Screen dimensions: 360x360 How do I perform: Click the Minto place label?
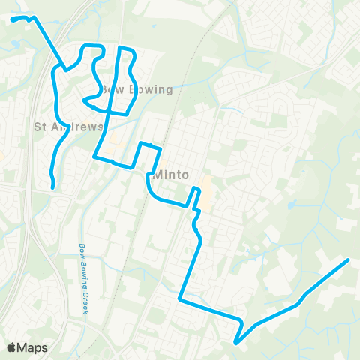point(173,177)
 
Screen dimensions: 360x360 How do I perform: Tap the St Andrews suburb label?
point(68,127)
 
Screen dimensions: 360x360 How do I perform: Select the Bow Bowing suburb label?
point(136,90)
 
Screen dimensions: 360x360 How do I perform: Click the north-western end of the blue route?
point(13,19)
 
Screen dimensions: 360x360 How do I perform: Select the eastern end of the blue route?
point(349,260)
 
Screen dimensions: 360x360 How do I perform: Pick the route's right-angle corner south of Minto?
point(180,299)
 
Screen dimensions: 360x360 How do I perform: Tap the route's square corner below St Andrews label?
point(94,157)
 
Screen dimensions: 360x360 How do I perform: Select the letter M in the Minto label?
point(158,177)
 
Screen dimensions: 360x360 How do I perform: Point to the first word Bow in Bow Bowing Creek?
point(81,250)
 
